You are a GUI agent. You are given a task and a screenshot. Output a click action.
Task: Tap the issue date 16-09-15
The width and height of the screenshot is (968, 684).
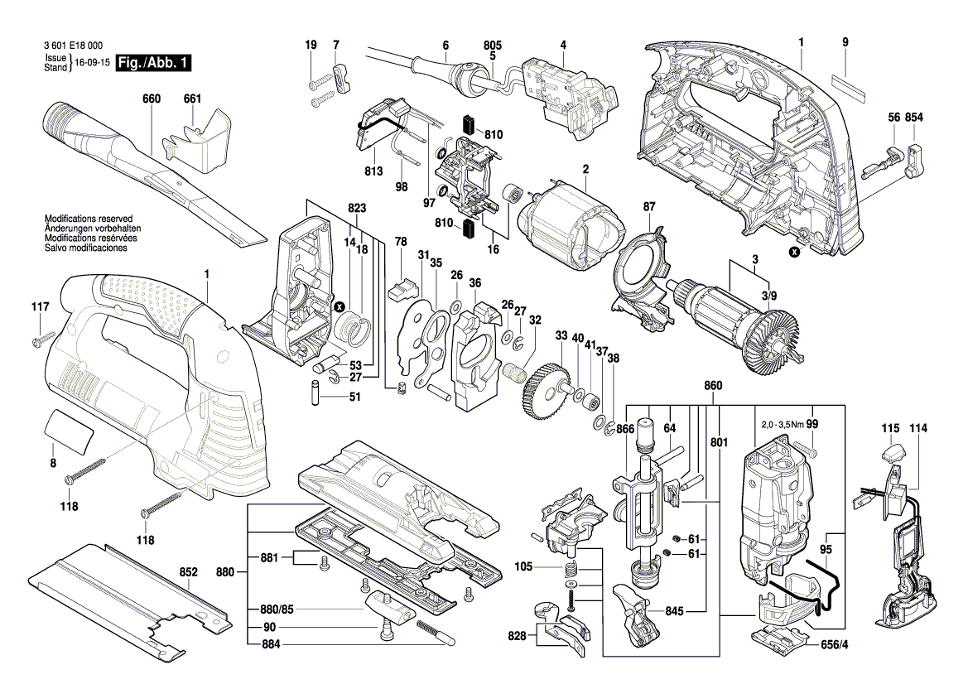point(92,63)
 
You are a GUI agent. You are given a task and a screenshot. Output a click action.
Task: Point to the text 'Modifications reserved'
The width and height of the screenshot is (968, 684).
point(87,219)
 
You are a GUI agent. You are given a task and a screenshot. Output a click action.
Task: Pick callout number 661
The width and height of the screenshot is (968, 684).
point(192,99)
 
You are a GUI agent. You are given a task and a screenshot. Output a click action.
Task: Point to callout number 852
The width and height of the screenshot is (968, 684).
point(189,572)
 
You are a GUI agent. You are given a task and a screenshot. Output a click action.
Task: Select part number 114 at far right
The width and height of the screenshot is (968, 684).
point(918,428)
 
